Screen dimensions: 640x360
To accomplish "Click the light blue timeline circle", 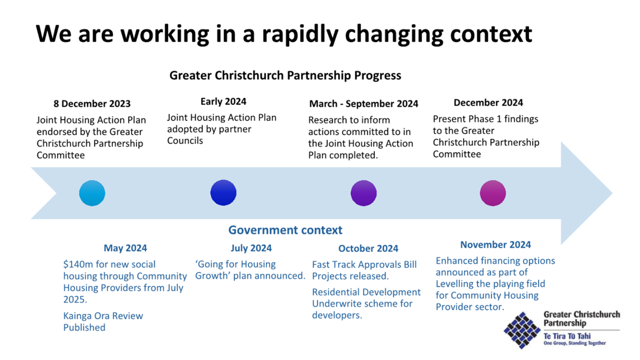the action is tap(92, 193).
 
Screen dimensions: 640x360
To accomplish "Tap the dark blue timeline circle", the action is tap(223, 193).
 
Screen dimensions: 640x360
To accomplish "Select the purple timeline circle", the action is tap(364, 193).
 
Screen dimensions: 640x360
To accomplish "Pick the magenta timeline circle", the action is tap(493, 193).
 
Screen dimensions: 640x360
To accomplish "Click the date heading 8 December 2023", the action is tap(92, 104).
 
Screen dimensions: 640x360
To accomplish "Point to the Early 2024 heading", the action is tap(223, 101).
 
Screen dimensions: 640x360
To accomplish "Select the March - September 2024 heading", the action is tap(364, 104).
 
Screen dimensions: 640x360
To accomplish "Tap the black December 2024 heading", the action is tap(488, 102).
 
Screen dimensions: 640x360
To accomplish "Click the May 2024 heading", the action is tap(125, 248).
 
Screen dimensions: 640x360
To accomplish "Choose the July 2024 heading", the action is tap(251, 248).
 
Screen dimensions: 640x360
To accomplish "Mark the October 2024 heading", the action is tap(368, 248).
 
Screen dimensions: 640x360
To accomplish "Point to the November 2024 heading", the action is tap(496, 245).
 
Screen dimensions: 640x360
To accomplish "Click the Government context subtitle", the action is tap(285, 230).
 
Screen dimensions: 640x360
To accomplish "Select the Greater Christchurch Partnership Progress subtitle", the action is tap(285, 75).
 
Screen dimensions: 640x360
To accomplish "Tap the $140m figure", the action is tap(78, 264).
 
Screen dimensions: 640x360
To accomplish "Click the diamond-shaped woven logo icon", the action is tap(522, 330).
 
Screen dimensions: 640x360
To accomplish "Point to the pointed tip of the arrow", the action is tap(612, 193).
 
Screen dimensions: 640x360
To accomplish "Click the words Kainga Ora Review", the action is tap(103, 316).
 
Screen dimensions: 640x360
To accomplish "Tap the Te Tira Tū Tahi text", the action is tap(567, 336).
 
